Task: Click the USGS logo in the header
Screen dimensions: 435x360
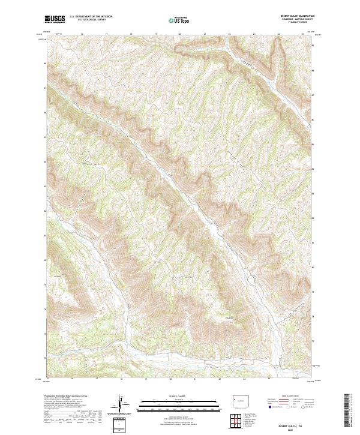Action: click(x=55, y=19)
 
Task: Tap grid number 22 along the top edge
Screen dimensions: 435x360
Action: click(x=230, y=34)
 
